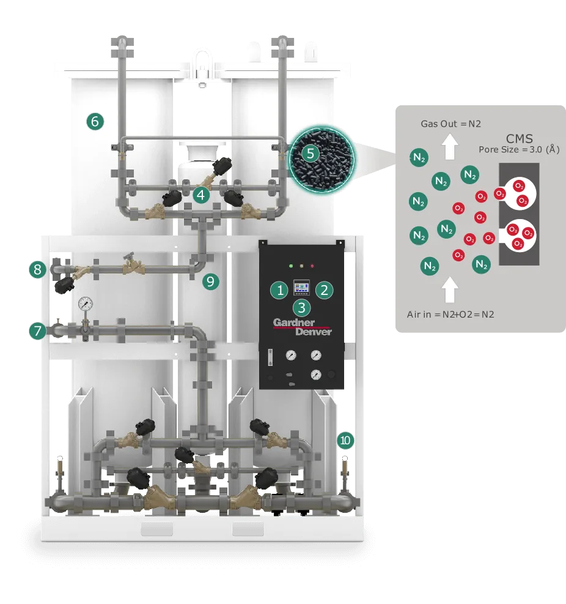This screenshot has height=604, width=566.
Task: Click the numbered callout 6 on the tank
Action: pos(95,122)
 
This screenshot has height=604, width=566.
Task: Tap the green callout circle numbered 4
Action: pos(201,195)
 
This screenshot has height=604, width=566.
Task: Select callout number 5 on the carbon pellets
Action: pos(311,154)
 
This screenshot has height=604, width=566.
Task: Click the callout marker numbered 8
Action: pos(38,270)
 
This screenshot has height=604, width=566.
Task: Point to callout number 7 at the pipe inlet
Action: pos(38,331)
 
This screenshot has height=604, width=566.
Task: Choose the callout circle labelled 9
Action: pos(210,281)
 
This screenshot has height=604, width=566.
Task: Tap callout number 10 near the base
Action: pos(345,440)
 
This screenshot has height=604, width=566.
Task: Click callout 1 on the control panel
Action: pos(280,290)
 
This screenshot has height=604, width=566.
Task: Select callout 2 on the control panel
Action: pos(325,290)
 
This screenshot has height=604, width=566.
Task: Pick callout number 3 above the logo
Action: pos(302,308)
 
